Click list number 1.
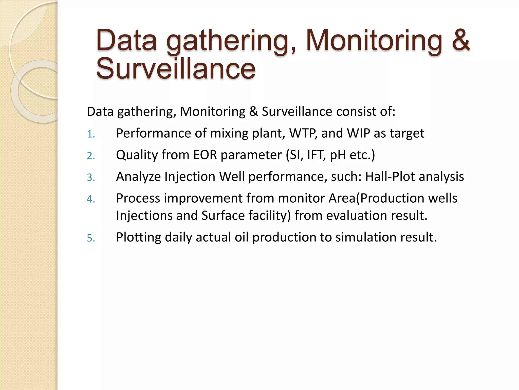(x=90, y=134)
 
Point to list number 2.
(x=91, y=156)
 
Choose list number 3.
(x=91, y=177)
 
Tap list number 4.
(x=91, y=199)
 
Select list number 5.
(x=91, y=238)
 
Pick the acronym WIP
(x=358, y=133)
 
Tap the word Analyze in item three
(x=138, y=176)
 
